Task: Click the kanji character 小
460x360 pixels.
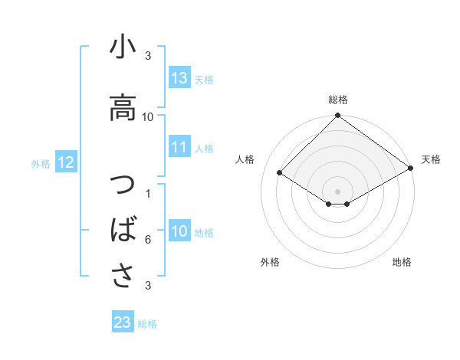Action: tap(123, 48)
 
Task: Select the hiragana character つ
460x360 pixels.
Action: tap(123, 186)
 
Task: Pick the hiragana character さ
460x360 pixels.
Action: tap(123, 273)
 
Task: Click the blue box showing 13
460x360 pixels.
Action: tap(179, 77)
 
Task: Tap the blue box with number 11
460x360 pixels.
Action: tap(179, 147)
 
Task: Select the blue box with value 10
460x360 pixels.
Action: tap(179, 232)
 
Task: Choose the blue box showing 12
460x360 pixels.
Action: tap(65, 162)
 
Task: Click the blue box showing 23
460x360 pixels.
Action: tap(123, 322)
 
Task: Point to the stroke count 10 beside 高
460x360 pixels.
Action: tap(148, 116)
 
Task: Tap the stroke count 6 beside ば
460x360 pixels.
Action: tap(148, 240)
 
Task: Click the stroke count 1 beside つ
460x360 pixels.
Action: tap(148, 193)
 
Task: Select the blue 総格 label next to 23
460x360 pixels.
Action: tap(147, 324)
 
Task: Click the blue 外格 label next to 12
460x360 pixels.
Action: tap(41, 163)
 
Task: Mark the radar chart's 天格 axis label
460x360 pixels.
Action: tap(431, 159)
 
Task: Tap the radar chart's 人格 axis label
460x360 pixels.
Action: tap(245, 159)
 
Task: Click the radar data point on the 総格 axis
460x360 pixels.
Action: tap(337, 116)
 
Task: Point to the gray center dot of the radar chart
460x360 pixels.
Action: tap(337, 190)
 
